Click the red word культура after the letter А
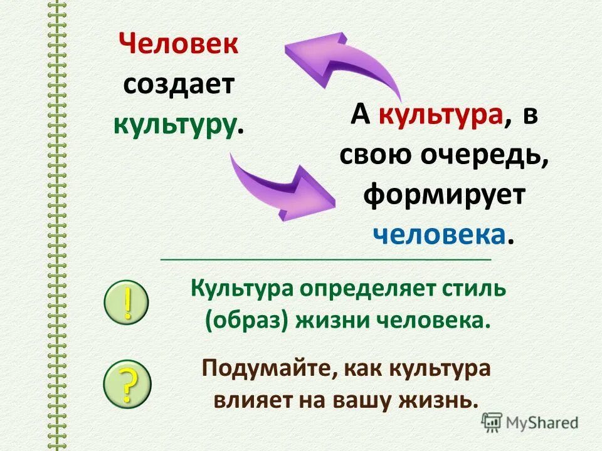point(442,117)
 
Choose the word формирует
point(444,194)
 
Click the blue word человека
point(440,234)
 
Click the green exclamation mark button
point(127,304)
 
